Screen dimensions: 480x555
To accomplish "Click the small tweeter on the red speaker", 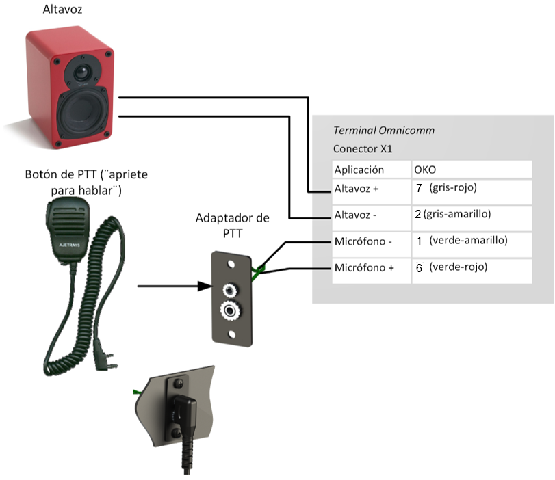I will coord(81,71).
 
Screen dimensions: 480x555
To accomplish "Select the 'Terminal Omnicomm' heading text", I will coord(383,131).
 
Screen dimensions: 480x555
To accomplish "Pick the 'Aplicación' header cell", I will coord(359,170).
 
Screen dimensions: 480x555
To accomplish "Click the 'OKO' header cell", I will coord(425,170).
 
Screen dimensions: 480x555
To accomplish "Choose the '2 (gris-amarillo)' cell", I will coord(462,214).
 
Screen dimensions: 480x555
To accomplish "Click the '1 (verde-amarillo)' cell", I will coord(462,241).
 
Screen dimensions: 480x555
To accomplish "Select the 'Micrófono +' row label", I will coord(362,268).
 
